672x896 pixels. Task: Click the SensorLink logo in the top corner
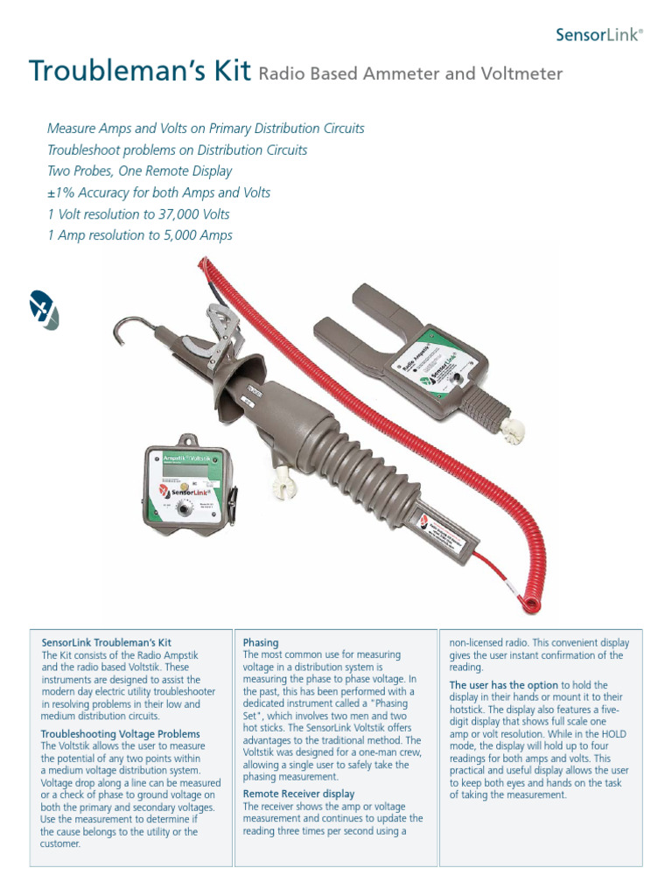click(x=599, y=35)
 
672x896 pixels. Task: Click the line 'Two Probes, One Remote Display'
click(x=139, y=171)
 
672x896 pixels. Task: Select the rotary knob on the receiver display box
click(x=185, y=508)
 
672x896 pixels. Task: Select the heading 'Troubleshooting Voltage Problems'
click(x=121, y=733)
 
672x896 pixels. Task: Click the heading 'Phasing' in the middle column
click(x=261, y=642)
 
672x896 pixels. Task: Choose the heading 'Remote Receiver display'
click(x=298, y=794)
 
